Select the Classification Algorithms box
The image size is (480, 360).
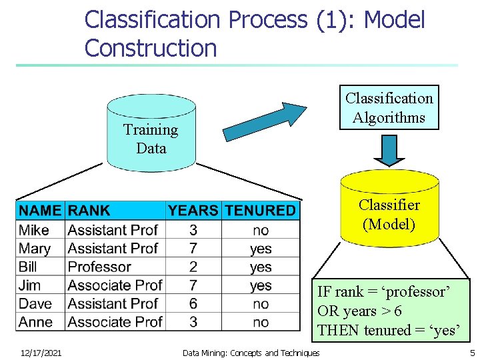(x=389, y=108)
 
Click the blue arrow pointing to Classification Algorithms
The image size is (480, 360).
(x=263, y=121)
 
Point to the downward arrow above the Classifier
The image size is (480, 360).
(x=389, y=150)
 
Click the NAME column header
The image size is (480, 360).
(x=40, y=211)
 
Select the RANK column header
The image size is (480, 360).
(x=89, y=211)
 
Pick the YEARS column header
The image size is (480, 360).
(x=193, y=211)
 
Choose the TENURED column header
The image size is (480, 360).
(x=260, y=211)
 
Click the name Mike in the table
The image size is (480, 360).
(x=34, y=230)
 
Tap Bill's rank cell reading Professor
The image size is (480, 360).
(x=99, y=267)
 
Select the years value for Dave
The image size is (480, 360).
(x=193, y=303)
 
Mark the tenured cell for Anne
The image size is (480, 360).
(x=261, y=322)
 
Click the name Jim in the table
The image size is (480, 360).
(x=30, y=285)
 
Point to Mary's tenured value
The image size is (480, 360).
(x=261, y=249)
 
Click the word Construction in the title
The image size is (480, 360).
(x=151, y=48)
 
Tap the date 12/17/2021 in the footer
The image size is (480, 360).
(x=41, y=353)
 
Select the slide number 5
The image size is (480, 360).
(x=472, y=353)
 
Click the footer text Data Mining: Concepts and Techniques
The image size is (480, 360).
(x=251, y=353)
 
